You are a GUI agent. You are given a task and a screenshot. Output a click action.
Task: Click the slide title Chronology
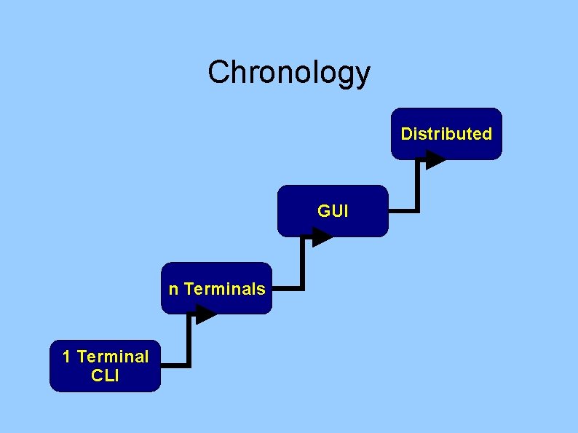(289, 72)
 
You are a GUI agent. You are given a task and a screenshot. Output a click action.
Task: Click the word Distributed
(446, 134)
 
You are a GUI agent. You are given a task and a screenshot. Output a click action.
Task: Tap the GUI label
(333, 212)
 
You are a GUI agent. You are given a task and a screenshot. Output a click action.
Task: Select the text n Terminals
(216, 289)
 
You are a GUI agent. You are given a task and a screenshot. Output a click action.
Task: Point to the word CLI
(106, 376)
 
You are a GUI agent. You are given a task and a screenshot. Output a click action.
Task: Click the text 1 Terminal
(106, 357)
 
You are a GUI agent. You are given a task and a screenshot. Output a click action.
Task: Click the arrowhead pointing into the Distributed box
(435, 159)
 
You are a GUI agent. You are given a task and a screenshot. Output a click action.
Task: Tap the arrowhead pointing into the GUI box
(321, 237)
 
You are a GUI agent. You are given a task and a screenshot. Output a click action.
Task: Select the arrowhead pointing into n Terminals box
(205, 314)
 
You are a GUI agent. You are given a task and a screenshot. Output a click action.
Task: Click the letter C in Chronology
(218, 72)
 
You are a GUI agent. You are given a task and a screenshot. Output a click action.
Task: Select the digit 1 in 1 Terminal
(67, 357)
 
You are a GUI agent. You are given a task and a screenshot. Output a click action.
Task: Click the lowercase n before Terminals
(173, 290)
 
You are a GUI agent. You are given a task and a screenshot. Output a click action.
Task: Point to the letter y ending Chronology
(363, 75)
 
